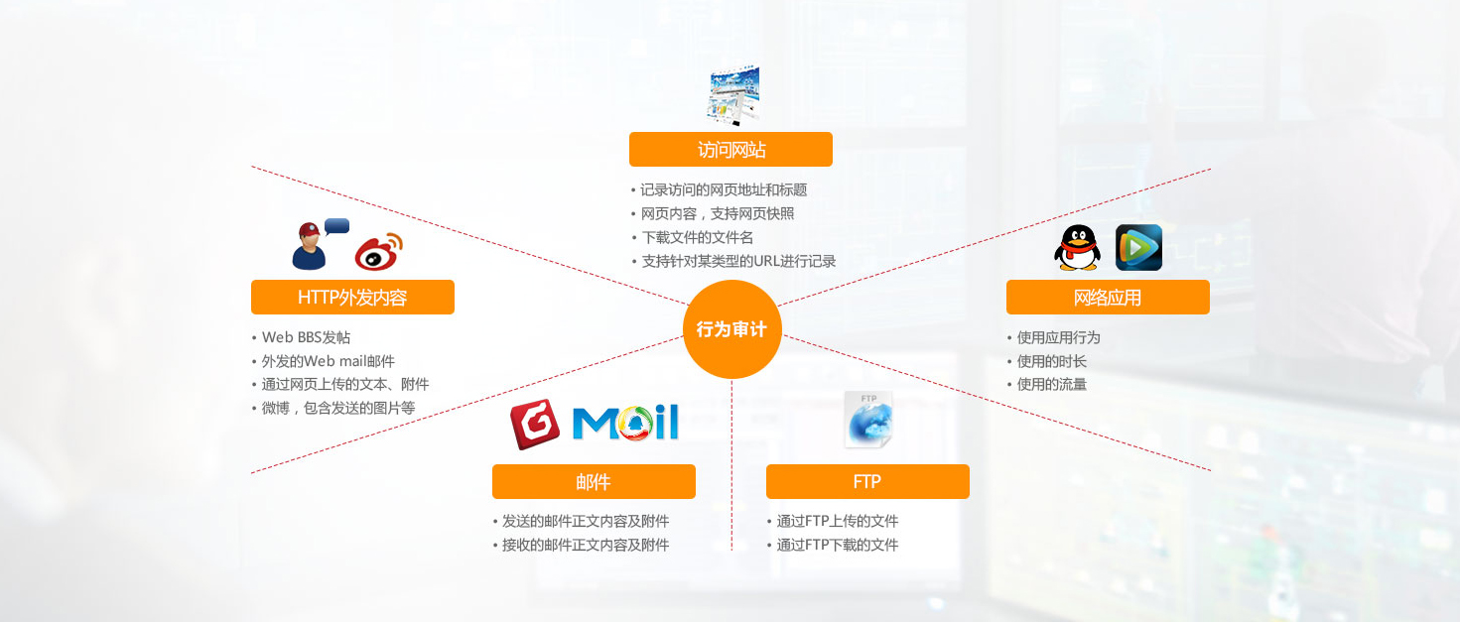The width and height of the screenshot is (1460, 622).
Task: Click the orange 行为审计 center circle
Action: click(x=731, y=329)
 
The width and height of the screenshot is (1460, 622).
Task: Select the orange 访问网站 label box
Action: click(x=730, y=150)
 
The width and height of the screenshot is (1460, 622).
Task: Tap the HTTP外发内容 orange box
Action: click(x=352, y=298)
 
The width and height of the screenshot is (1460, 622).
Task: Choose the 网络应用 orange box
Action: click(x=1108, y=298)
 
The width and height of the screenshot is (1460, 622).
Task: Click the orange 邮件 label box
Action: click(x=594, y=482)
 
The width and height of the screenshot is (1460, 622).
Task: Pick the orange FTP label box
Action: click(x=867, y=482)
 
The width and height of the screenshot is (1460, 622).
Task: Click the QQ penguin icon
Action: click(x=1077, y=248)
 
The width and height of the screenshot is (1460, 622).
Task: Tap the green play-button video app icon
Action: click(x=1138, y=248)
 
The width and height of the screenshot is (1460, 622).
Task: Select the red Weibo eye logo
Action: click(x=380, y=251)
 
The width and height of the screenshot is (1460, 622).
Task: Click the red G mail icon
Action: click(x=535, y=425)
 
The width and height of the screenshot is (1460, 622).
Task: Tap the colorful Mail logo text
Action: click(x=625, y=423)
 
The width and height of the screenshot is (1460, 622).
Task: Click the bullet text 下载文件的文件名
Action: click(x=698, y=237)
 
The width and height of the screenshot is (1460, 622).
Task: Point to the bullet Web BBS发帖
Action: click(x=306, y=337)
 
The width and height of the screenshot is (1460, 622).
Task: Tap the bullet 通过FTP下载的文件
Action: click(x=838, y=545)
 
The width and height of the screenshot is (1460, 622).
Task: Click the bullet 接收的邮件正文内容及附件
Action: click(x=586, y=545)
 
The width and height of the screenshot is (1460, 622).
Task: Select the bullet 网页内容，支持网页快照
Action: click(x=718, y=213)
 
